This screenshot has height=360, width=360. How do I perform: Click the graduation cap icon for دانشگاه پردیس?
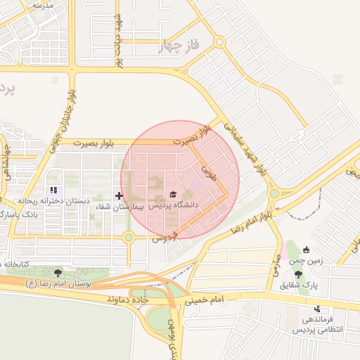tap(173, 194)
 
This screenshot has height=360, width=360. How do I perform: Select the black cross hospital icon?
tap(119, 195)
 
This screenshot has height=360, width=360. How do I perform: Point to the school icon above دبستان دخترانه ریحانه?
tap(53, 191)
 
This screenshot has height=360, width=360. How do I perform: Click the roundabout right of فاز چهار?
tap(220, 42)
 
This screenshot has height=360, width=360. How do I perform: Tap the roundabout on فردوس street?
tap(129, 238)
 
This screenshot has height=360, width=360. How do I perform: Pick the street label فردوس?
tap(166, 237)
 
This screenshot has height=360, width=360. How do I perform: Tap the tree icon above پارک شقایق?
tap(298, 274)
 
